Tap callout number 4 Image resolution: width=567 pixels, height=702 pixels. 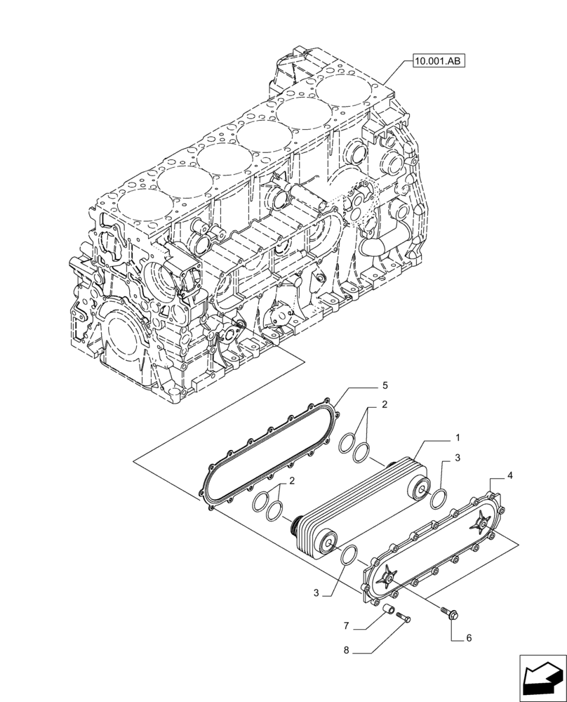511,475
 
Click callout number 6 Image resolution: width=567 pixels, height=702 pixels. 469,638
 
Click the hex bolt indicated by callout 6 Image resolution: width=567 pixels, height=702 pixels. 447,612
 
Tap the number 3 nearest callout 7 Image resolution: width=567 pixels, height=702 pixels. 317,593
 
